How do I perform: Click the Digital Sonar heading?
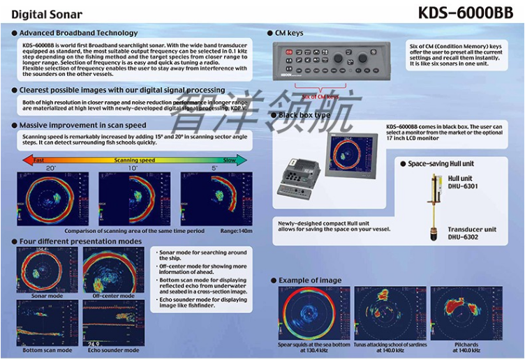pyautogui.click(x=47, y=15)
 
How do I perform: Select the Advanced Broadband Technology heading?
pyautogui.click(x=78, y=33)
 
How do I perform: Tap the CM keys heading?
pyautogui.click(x=289, y=33)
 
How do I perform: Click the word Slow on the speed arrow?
pyautogui.click(x=229, y=160)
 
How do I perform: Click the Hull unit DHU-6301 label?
pyautogui.click(x=464, y=183)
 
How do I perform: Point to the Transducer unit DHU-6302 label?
pyautogui.click(x=472, y=233)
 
